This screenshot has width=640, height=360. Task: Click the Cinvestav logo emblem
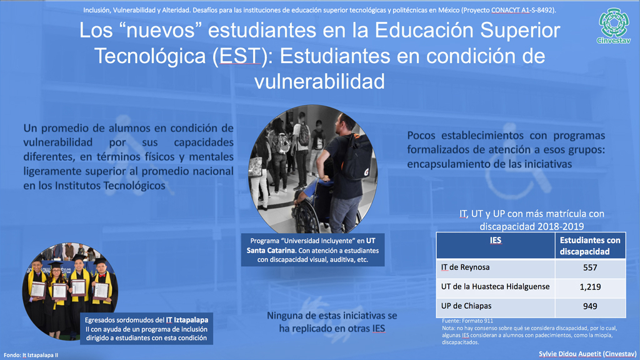(614, 22)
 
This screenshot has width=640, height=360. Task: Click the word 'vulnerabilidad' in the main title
(319, 81)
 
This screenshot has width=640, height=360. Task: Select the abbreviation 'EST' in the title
(240, 56)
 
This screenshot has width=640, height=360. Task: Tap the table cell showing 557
(590, 267)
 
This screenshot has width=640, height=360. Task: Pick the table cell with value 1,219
(590, 287)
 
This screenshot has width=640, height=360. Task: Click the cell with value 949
(590, 306)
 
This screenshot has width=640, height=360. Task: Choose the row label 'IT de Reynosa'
(465, 267)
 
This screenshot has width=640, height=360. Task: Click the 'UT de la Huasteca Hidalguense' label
(495, 286)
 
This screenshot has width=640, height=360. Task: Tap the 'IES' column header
(496, 240)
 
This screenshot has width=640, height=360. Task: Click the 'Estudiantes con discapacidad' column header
(590, 246)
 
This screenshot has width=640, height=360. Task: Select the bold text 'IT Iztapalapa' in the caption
(187, 320)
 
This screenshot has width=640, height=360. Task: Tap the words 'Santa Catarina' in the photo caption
(270, 250)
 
